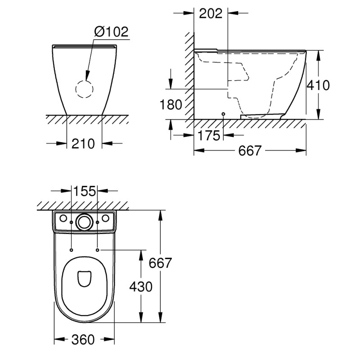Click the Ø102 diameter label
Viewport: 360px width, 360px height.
click(x=112, y=32)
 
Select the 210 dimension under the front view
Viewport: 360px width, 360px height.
click(x=84, y=144)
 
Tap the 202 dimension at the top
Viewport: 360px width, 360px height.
click(x=211, y=13)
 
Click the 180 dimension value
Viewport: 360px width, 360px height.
click(x=171, y=105)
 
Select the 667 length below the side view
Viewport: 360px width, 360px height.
click(x=249, y=151)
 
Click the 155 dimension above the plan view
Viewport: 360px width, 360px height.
click(x=85, y=191)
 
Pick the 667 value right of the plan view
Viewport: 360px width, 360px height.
click(x=161, y=263)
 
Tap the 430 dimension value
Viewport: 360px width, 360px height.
click(x=141, y=286)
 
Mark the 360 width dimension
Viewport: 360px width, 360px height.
click(x=84, y=339)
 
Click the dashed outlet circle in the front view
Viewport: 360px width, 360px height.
click(x=84, y=90)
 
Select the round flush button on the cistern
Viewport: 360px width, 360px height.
click(x=84, y=221)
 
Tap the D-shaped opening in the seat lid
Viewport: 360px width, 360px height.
click(x=84, y=279)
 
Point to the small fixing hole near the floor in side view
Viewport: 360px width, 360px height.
click(x=224, y=114)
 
